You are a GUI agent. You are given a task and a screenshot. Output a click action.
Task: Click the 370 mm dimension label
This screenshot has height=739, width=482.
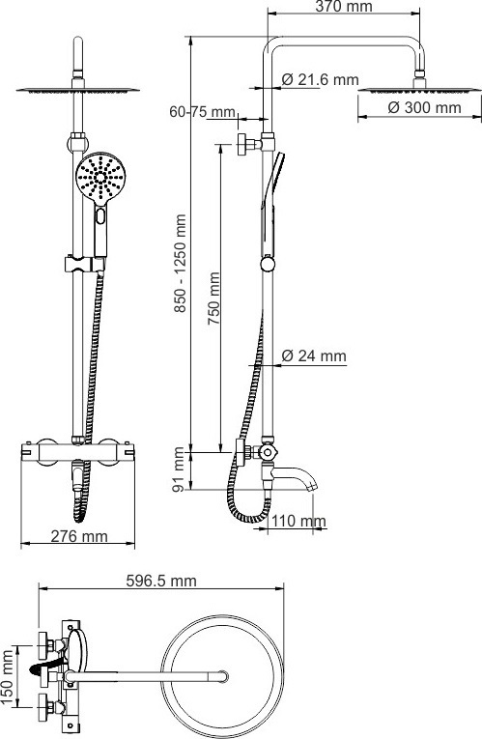click(x=344, y=7)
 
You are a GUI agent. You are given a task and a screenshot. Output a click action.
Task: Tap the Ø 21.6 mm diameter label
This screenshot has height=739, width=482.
click(x=321, y=79)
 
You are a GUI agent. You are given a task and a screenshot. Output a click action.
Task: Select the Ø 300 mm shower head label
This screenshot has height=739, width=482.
click(x=424, y=107)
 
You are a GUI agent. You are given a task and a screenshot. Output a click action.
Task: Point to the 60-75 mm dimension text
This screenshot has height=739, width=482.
click(x=202, y=112)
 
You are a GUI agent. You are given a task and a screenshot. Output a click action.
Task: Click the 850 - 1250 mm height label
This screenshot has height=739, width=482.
click(x=180, y=264)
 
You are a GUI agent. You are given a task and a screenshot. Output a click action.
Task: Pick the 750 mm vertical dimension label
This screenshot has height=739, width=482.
click(x=213, y=298)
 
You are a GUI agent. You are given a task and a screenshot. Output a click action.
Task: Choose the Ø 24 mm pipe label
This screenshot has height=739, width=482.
click(x=314, y=355)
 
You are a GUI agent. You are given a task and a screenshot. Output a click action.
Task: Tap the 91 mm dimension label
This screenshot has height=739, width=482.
click(x=179, y=469)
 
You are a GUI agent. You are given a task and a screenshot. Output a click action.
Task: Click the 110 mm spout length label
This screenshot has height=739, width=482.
click(x=298, y=522)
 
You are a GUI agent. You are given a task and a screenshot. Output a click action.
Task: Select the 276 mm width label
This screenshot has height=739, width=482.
click(x=78, y=536)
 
